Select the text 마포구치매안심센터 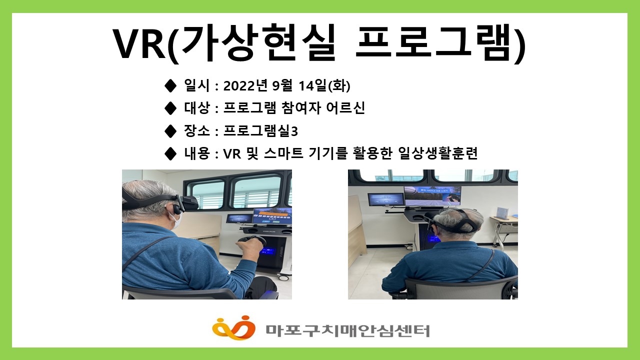pos(347,330)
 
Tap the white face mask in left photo pos(175,218)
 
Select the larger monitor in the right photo pos(432,195)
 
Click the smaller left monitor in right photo pos(385,199)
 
